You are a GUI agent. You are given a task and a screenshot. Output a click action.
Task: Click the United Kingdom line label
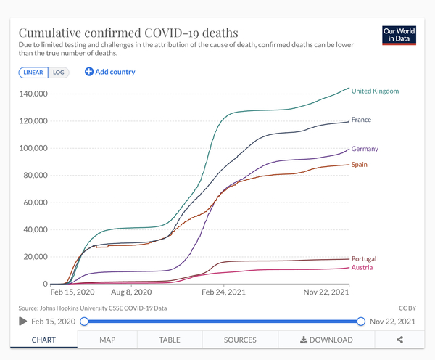375,91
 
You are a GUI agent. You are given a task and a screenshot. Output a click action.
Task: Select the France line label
361,120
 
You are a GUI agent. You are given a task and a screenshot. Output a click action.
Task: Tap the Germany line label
365,149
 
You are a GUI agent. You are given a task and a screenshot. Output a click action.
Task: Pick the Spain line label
359,165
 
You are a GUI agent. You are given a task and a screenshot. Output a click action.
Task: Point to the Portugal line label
363,259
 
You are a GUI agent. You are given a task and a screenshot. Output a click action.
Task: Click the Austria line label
362,268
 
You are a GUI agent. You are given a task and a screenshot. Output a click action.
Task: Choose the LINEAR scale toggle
33,73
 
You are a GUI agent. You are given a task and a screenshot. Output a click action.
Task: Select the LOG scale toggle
59,73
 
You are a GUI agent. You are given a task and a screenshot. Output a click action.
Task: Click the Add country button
109,72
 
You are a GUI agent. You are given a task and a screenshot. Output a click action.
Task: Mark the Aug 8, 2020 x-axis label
130,292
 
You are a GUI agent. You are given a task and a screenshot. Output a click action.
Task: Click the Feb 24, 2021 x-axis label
223,292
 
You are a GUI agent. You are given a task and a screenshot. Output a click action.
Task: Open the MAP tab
107,340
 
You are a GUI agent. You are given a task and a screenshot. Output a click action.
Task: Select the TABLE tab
169,340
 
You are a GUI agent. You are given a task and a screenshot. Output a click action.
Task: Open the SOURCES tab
240,340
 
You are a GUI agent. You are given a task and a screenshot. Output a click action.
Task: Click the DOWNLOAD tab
326,340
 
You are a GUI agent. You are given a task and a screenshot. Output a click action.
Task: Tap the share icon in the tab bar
400,340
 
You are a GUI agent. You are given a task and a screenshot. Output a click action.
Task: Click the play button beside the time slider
22,322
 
